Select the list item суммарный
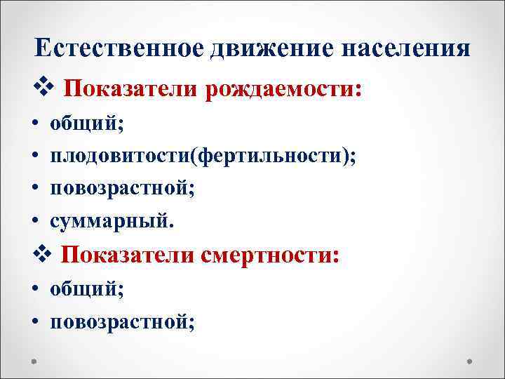109,222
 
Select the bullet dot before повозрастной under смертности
35,321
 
